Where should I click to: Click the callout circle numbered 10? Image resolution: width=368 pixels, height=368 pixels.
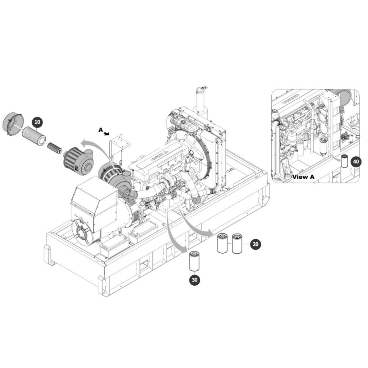37,122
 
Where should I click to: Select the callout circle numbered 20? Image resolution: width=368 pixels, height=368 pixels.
256,244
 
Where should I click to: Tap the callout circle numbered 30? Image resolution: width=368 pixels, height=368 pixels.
194,280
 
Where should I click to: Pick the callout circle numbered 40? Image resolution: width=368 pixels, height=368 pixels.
356,162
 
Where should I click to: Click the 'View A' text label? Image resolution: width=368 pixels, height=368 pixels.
303,177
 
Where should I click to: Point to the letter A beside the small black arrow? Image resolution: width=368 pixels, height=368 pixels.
101,130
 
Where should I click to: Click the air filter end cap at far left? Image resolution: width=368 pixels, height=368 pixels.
13,124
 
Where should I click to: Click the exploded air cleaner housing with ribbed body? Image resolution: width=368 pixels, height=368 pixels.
79,159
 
